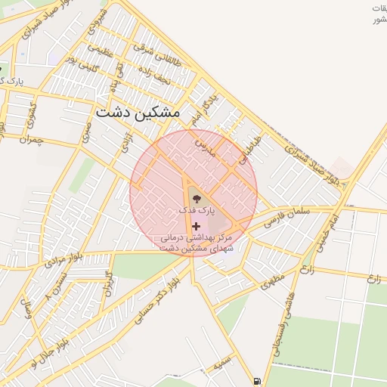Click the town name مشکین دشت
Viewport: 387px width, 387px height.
138,112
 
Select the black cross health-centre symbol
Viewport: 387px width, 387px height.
197,226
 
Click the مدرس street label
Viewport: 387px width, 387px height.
204,144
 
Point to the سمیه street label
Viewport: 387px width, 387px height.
221,364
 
